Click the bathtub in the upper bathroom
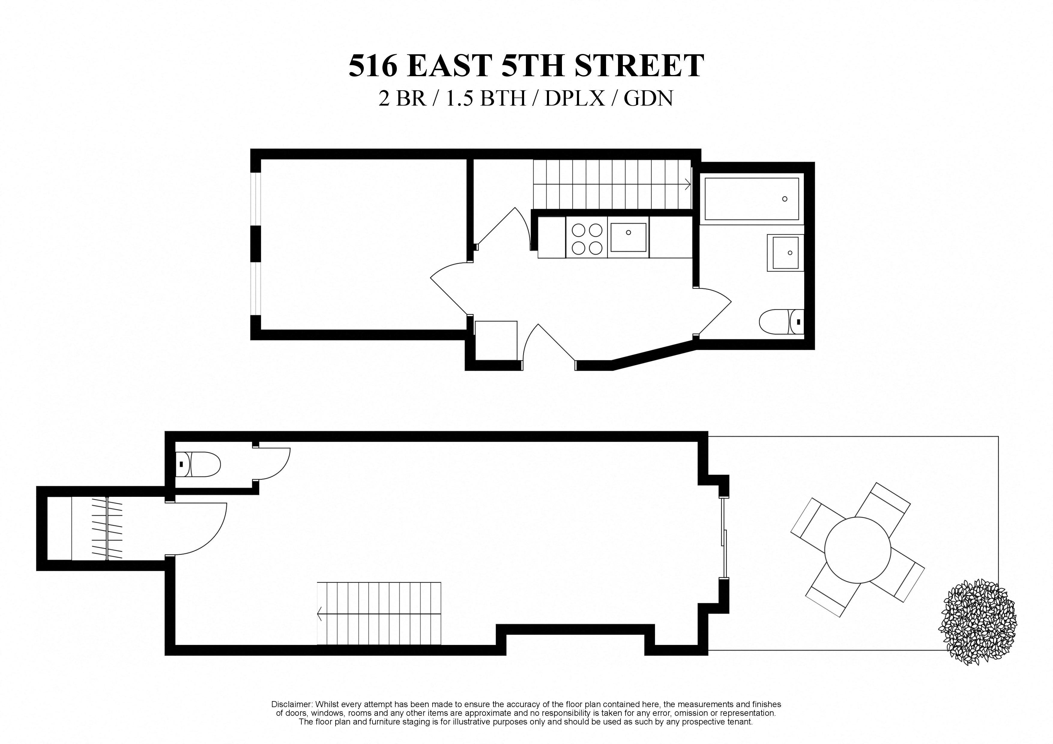click(751, 199)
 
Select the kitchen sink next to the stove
click(628, 238)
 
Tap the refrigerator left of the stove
click(552, 237)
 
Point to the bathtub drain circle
click(785, 199)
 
